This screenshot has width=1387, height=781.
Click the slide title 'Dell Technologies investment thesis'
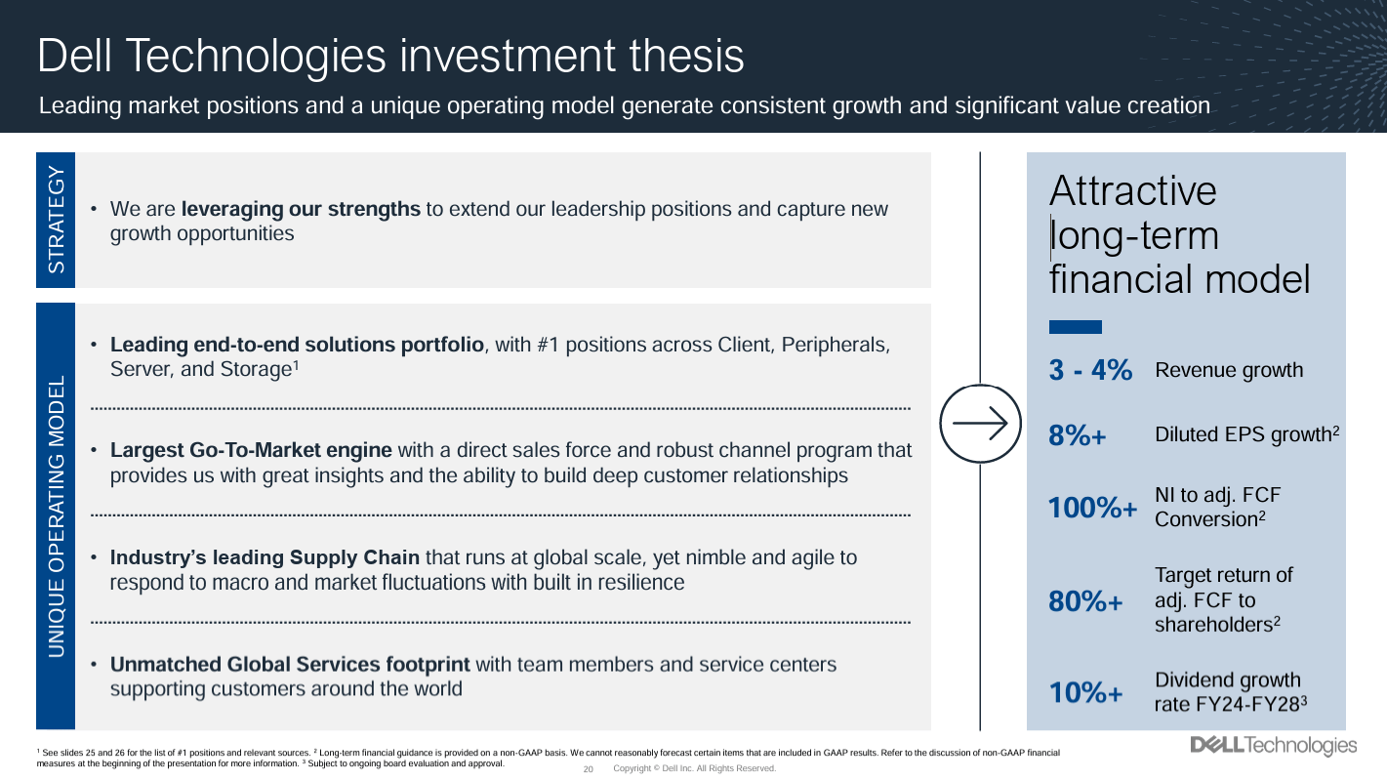pos(390,56)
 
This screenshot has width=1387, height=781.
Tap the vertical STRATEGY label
pos(56,221)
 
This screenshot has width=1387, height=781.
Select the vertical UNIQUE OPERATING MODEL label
pos(56,515)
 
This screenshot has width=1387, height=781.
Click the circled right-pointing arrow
pos(979,424)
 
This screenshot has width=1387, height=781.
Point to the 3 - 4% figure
pos(1090,371)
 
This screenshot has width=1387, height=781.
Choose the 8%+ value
pos(1078,436)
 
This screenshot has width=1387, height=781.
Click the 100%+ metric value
pos(1092,509)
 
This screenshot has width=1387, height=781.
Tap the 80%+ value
pos(1085,602)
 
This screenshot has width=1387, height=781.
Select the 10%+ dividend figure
pos(1085,693)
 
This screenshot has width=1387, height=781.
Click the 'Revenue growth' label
pos(1229,371)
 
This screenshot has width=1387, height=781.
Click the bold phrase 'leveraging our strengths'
pos(301,209)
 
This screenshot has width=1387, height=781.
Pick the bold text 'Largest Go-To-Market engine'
pos(251,450)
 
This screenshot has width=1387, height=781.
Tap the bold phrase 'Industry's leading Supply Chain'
pos(265,557)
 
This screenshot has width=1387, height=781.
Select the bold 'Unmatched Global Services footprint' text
pos(290,665)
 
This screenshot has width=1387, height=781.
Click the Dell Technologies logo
pos(1273,747)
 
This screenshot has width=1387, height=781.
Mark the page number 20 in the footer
pos(589,769)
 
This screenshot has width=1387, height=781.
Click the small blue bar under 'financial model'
pos(1075,327)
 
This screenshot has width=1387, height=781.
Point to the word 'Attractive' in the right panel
pos(1133,190)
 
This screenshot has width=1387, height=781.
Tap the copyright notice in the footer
pos(694,769)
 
